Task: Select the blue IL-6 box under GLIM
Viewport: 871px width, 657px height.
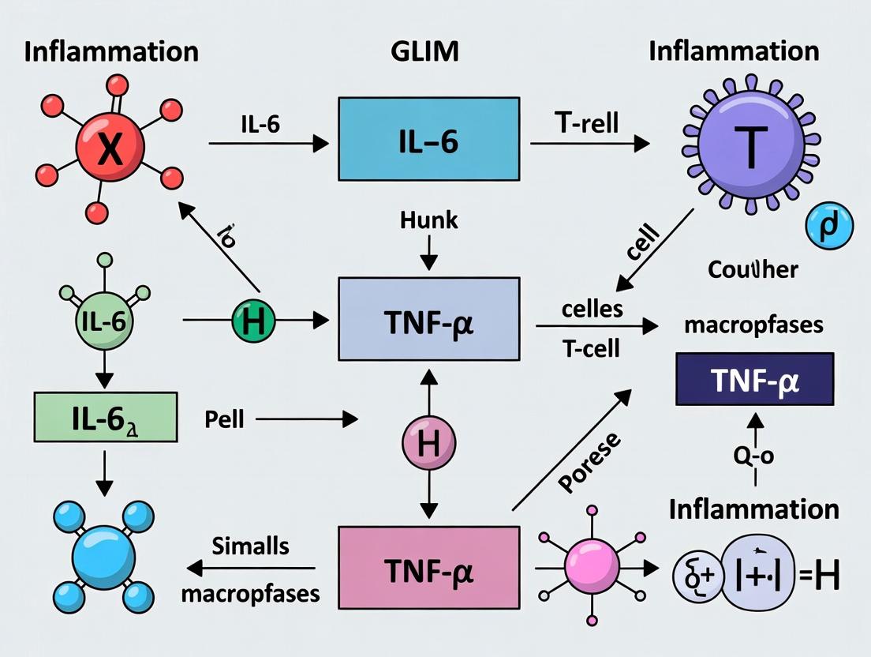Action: [428, 139]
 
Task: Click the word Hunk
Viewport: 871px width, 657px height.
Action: [428, 219]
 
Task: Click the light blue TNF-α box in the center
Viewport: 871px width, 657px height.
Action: [428, 320]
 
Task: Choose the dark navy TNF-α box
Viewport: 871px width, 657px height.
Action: [755, 379]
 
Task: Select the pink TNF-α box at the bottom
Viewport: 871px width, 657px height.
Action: [428, 567]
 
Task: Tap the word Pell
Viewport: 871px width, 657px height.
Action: [224, 419]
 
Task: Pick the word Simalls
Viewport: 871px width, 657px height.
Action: [250, 546]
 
